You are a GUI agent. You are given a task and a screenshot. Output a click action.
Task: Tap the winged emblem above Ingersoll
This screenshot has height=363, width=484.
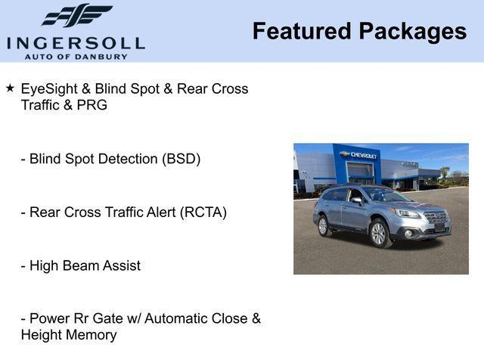pos(77,16)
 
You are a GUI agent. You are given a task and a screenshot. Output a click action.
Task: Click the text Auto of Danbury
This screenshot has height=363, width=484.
pos(76,57)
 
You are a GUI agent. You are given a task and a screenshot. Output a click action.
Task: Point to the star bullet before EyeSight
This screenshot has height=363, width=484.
pos(11,88)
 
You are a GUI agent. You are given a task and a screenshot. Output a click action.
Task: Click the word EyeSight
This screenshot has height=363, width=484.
pos(50,89)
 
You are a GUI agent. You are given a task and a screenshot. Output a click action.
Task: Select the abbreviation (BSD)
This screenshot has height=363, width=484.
pos(178,160)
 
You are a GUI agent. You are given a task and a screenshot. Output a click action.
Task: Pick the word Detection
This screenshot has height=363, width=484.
pos(126,160)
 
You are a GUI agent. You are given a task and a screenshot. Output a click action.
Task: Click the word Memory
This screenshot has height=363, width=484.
pos(91,335)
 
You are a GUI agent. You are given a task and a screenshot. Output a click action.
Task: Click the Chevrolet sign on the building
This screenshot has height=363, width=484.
pos(358,155)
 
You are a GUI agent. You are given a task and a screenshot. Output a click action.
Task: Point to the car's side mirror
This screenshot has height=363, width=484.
pos(355,200)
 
